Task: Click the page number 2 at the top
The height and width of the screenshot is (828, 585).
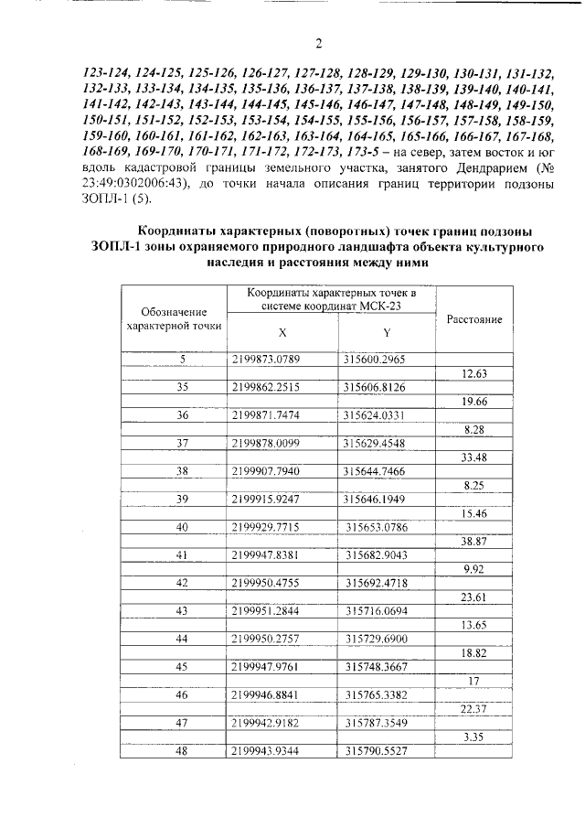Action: [318, 43]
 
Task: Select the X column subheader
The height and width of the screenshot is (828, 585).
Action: [282, 332]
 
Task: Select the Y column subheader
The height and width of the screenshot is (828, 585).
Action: [387, 332]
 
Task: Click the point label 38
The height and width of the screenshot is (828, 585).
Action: [182, 471]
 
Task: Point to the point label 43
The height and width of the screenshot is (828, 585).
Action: [182, 609]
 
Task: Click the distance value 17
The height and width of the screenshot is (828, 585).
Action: [473, 680]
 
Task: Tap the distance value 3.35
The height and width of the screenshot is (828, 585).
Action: [473, 737]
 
